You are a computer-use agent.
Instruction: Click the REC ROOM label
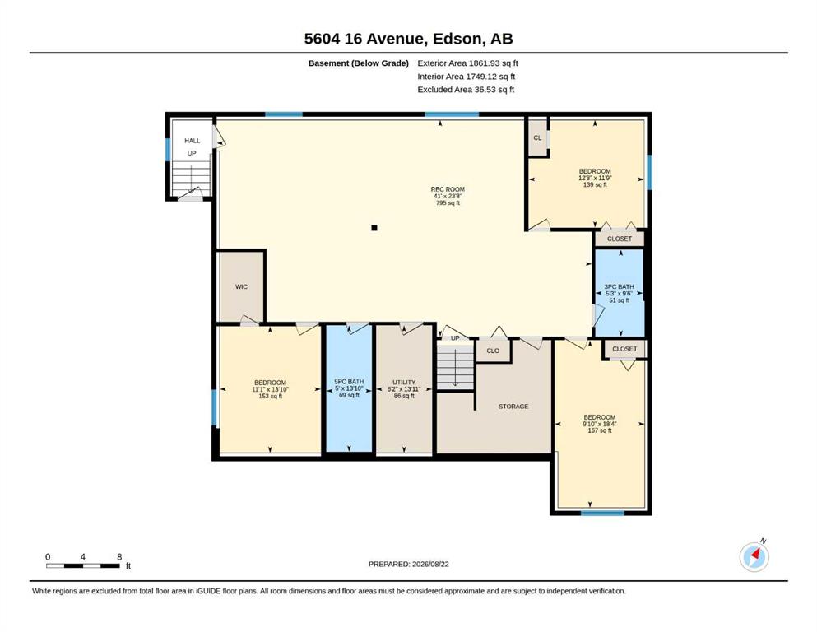[x=448, y=189]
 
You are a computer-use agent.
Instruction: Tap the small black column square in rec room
[x=374, y=228]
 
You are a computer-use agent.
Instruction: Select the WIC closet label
[x=241, y=286]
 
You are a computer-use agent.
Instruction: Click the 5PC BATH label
[x=349, y=381]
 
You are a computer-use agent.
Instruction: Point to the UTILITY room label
[x=404, y=382]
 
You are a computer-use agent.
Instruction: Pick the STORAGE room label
[x=513, y=406]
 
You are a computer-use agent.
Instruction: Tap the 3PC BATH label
[x=619, y=286]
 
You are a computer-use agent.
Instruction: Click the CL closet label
[x=537, y=137]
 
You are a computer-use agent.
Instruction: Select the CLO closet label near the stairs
[x=493, y=351]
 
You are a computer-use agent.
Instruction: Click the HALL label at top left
[x=193, y=140]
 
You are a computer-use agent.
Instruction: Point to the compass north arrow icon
[x=754, y=557]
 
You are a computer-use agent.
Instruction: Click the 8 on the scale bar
[x=119, y=556]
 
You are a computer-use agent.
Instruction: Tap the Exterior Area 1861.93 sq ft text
[x=467, y=63]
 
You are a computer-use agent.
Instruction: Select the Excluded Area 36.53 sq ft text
[x=466, y=89]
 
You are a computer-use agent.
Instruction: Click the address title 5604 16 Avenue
[x=364, y=39]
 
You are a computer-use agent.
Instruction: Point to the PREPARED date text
[x=408, y=564]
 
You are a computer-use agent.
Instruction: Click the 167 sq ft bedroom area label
[x=600, y=430]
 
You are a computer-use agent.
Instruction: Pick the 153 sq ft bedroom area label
[x=271, y=396]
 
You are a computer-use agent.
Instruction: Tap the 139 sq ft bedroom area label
[x=595, y=184]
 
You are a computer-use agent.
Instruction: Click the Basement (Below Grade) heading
[x=359, y=63]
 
